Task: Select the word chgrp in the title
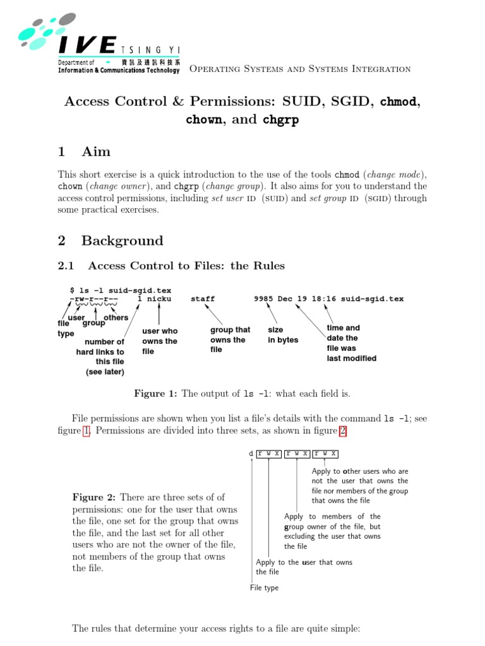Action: [x=280, y=120]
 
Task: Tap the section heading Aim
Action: [x=96, y=151]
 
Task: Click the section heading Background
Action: [x=122, y=240]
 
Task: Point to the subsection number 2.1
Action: [x=66, y=266]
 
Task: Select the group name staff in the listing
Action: [x=203, y=299]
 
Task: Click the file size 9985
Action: [x=263, y=299]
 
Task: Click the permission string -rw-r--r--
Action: [x=94, y=299]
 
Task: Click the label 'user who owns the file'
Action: [x=160, y=341]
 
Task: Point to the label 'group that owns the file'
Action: [x=230, y=339]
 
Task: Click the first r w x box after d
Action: [x=268, y=454]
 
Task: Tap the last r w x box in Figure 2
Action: [x=326, y=454]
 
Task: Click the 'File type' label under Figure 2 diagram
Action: [x=264, y=588]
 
